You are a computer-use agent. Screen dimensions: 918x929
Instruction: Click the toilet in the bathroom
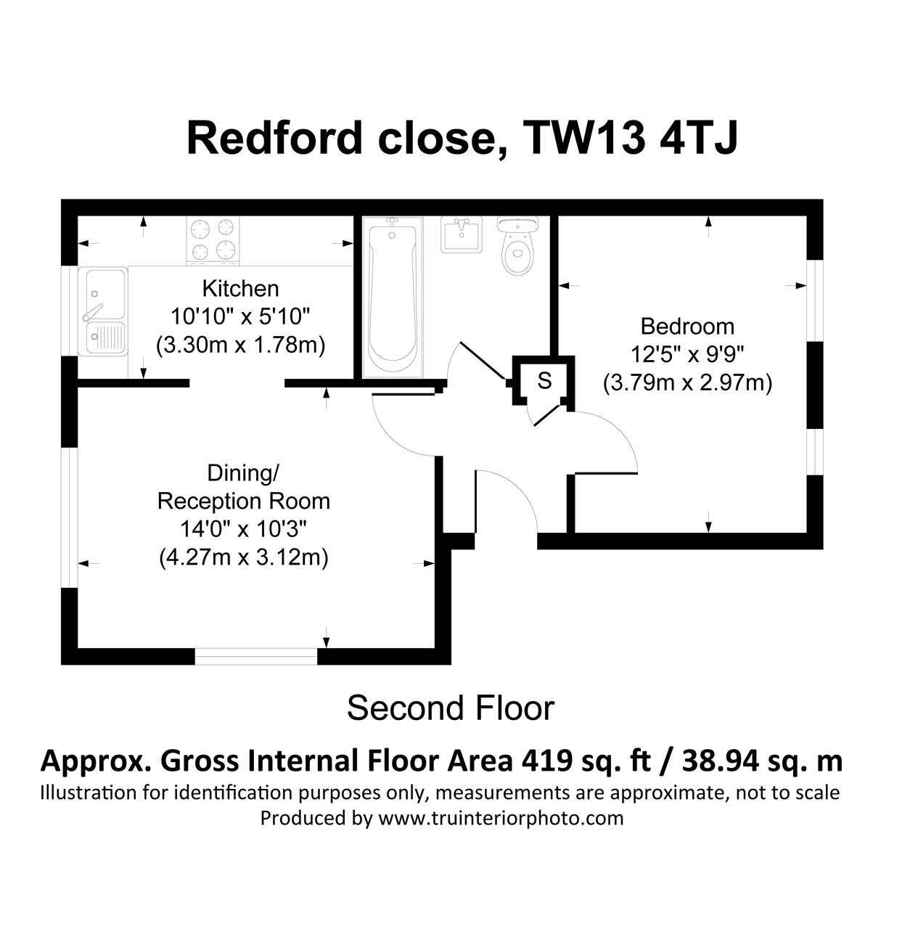(x=518, y=245)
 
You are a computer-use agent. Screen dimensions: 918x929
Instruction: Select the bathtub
(x=393, y=298)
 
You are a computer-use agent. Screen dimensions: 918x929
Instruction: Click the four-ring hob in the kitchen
(x=213, y=241)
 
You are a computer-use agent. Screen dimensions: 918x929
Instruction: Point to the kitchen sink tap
(x=93, y=311)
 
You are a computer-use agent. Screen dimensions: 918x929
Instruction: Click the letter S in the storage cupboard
(x=545, y=381)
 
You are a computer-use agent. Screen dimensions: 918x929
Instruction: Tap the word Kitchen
(x=241, y=289)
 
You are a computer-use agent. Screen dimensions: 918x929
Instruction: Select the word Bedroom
(x=687, y=327)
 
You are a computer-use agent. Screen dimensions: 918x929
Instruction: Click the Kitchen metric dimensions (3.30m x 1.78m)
(x=241, y=345)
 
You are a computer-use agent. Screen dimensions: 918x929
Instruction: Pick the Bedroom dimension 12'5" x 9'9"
(x=687, y=356)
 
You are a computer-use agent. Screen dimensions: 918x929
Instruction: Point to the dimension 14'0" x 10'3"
(x=244, y=530)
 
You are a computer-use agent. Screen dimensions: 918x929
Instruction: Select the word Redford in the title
(x=274, y=139)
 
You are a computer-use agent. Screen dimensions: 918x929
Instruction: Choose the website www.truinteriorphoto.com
(x=501, y=818)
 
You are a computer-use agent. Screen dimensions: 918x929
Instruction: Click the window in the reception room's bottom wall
(x=256, y=657)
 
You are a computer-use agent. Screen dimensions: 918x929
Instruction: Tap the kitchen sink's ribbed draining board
(x=105, y=337)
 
